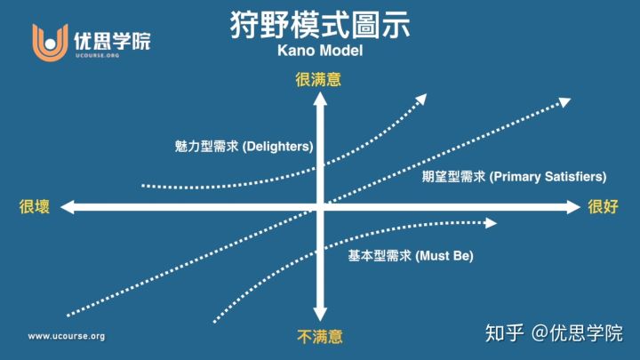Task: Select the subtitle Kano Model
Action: pos(319,51)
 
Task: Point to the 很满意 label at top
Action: pos(318,79)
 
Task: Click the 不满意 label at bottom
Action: pos(319,337)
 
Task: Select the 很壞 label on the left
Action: pos(34,207)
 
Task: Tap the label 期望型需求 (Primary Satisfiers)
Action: pos(514,176)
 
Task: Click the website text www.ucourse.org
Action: pos(67,336)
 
